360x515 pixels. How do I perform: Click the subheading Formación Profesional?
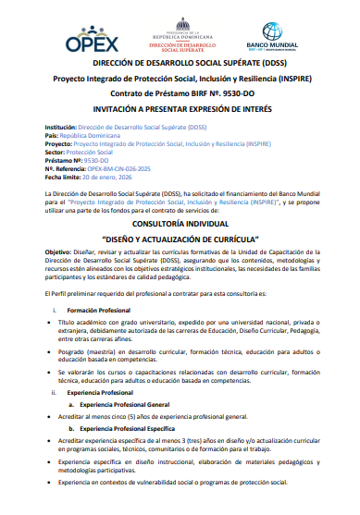99,309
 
